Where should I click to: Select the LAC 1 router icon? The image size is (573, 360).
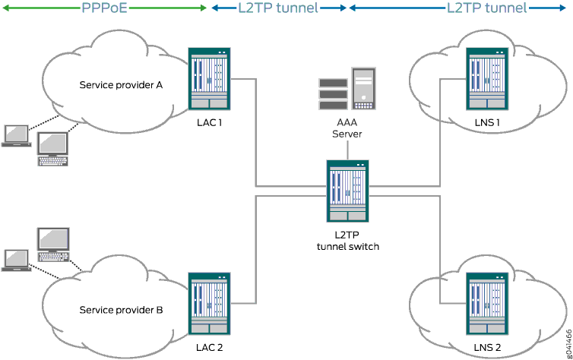[210, 79]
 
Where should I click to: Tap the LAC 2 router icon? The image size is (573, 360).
[210, 305]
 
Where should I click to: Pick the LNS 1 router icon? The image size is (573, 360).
[487, 79]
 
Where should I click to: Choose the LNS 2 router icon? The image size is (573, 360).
[487, 305]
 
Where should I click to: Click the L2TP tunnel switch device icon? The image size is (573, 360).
[347, 191]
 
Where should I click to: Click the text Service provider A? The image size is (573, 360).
[121, 84]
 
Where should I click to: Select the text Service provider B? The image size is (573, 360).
[121, 310]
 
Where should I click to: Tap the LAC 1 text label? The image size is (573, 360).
[209, 122]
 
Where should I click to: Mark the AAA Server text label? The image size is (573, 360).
[347, 127]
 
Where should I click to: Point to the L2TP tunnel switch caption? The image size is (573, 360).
[347, 240]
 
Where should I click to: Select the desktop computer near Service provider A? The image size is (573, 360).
[54, 147]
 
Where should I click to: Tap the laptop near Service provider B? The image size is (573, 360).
[15, 259]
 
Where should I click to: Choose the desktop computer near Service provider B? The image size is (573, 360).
[54, 243]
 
